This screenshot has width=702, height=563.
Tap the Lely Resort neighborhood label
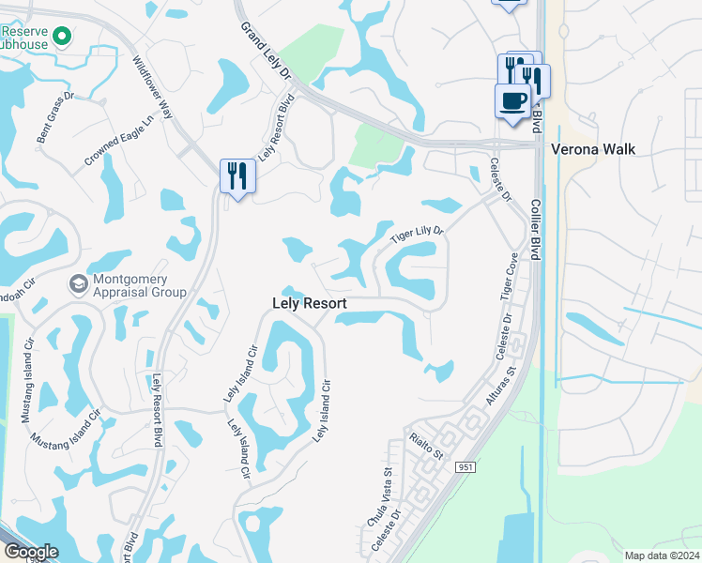(309, 304)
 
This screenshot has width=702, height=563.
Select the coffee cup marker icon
(512, 100)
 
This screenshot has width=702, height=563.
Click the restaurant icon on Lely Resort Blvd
(237, 175)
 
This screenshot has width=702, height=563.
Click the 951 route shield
(465, 466)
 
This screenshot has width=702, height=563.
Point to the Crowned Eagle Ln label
(118, 142)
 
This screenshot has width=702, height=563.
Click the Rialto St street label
(426, 443)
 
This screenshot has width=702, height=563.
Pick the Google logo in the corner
(31, 552)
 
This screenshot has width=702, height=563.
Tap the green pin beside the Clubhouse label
(62, 37)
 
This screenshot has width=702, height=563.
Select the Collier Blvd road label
(537, 225)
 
